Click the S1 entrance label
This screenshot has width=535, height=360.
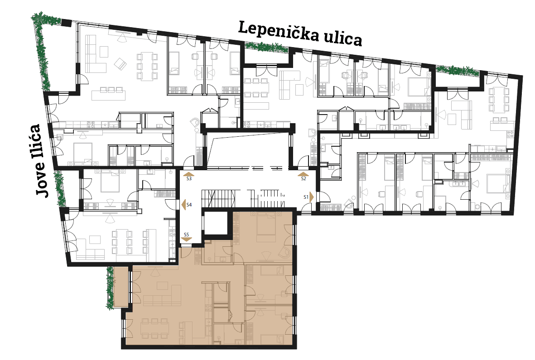[306, 197]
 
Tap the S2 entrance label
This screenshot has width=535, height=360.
[304, 178]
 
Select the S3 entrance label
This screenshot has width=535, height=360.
[189, 178]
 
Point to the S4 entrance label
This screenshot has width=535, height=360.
[189, 205]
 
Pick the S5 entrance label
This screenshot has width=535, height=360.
[186, 235]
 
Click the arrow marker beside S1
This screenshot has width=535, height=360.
[312, 197]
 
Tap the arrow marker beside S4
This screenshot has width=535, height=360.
[183, 205]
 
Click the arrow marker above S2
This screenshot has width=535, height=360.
[304, 174]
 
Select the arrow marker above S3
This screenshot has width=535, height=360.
[189, 174]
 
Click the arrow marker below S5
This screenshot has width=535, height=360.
[186, 239]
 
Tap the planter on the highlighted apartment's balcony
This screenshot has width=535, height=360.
[110, 288]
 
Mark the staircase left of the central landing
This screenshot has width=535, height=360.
[218, 198]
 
